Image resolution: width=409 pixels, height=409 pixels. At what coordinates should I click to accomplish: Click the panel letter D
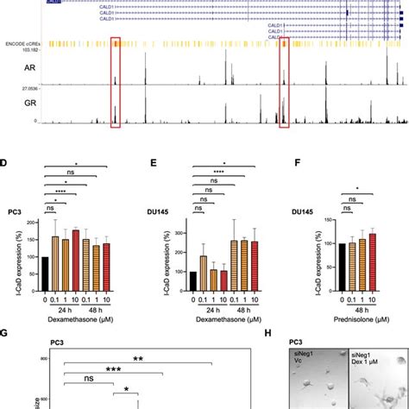pyautogui.click(x=6, y=161)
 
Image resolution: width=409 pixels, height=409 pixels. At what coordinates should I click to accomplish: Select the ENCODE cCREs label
pyautogui.click(x=22, y=42)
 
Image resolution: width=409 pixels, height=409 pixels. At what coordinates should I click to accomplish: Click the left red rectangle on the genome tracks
pyautogui.click(x=116, y=81)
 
